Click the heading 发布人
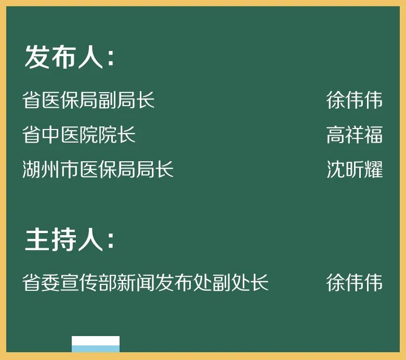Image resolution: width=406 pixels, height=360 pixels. coord(64,57)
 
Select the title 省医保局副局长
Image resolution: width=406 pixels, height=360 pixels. coord(88,100)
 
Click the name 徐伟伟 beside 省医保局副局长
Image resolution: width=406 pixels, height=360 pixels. coord(354,100)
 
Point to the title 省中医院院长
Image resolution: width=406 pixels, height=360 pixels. coord(79,135)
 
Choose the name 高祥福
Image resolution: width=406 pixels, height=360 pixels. coord(354,135)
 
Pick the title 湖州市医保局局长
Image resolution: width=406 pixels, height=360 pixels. coord(98,169)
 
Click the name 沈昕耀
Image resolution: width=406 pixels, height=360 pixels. coord(354,169)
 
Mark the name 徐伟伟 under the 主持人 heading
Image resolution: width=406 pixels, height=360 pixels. coord(354,282)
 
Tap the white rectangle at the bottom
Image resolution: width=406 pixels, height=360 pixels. coord(96,341)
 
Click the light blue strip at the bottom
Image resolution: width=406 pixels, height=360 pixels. coord(96,349)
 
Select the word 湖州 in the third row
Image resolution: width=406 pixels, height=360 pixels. coord(42,169)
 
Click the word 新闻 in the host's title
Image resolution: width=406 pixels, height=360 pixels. coord(136,282)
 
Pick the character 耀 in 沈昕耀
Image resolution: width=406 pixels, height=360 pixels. coord(373,169)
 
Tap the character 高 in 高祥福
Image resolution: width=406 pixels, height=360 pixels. coord(335,135)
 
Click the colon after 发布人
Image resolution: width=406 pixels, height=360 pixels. coord(111,58)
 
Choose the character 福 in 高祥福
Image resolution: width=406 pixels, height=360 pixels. coord(373,135)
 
